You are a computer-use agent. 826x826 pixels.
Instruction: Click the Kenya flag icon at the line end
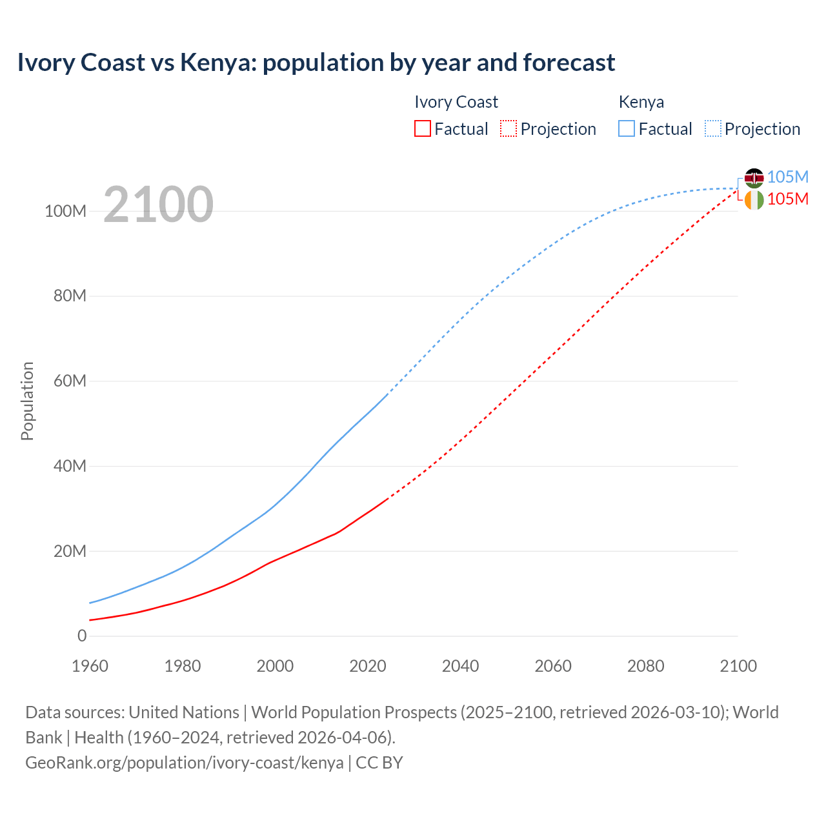tap(754, 177)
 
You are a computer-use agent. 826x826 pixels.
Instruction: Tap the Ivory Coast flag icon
tap(754, 200)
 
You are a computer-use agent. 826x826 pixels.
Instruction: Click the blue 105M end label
tap(788, 177)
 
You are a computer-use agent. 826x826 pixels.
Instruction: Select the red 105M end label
tap(788, 199)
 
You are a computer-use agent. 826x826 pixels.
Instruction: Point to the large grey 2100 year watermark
tap(158, 204)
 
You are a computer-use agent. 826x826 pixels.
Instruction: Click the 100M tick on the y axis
tap(65, 211)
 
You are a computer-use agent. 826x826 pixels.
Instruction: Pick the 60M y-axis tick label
tap(70, 381)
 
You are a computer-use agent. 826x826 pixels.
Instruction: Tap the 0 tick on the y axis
tap(82, 636)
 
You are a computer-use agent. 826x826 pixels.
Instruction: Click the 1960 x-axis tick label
tap(90, 666)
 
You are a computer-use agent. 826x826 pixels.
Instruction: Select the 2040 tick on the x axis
tap(460, 666)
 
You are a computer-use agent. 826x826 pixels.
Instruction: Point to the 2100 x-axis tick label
tap(738, 666)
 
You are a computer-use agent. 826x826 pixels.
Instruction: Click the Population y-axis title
tap(27, 401)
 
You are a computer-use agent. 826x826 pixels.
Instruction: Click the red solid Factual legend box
tap(423, 129)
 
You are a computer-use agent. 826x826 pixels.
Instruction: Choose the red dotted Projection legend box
tap(509, 129)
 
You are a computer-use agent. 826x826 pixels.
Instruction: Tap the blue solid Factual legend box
tap(627, 129)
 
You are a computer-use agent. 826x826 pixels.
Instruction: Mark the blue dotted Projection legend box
tap(713, 129)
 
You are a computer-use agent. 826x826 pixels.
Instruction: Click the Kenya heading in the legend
tap(641, 102)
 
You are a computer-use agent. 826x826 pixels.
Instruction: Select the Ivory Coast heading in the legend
tap(456, 102)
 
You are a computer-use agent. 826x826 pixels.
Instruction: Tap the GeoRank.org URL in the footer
tap(185, 763)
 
